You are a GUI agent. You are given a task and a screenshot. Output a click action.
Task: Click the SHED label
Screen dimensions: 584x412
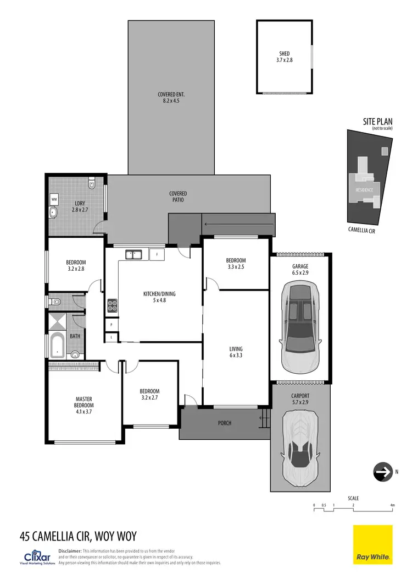pyautogui.click(x=285, y=54)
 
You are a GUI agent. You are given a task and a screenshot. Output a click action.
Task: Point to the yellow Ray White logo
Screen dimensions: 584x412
pyautogui.click(x=372, y=544)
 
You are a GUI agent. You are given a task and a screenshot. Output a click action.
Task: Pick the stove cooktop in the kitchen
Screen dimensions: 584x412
pyautogui.click(x=112, y=305)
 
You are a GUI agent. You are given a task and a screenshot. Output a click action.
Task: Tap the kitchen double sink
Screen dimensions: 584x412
pyautogui.click(x=133, y=254)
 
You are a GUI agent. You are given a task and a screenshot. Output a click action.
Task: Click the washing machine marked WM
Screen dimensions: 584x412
pyautogui.click(x=54, y=198)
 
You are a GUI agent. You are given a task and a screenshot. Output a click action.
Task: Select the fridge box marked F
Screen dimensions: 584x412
pyautogui.click(x=157, y=254)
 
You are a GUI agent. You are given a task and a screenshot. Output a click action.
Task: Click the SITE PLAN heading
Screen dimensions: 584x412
pyautogui.click(x=377, y=121)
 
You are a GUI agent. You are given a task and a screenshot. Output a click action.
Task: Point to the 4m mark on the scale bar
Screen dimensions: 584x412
pyautogui.click(x=392, y=505)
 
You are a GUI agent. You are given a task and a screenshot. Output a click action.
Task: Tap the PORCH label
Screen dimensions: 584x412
pyautogui.click(x=224, y=423)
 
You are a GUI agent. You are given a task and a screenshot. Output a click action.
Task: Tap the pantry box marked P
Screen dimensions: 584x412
pyautogui.click(x=112, y=325)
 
